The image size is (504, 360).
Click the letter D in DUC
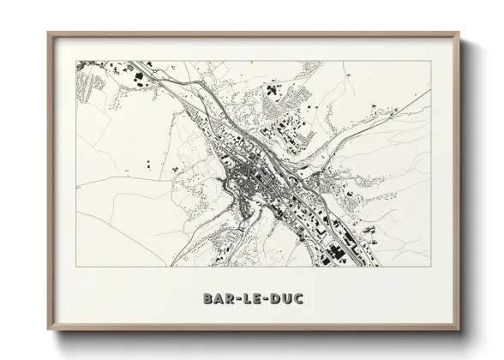coord(278,299)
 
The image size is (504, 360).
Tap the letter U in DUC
coord(291,299)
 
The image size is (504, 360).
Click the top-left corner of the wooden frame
coord(48,33)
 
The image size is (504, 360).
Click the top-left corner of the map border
coord(75,59)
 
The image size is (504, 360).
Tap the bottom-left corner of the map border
coord(75,267)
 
